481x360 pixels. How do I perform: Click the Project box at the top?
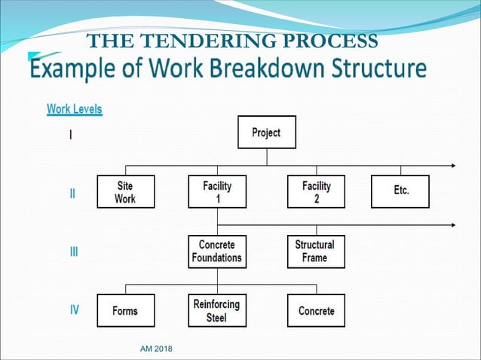pos(266,132)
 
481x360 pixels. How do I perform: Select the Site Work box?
pos(125,192)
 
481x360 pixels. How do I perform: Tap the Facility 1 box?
pos(217,192)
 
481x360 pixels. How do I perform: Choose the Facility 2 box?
pos(316,192)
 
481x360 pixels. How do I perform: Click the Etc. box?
pos(400,192)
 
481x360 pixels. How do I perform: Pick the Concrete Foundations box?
pos(217,252)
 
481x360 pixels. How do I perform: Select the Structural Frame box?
pos(316,252)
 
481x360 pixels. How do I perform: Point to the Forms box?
pos(125,310)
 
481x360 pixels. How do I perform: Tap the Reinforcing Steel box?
pos(217,310)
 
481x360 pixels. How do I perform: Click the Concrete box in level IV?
pos(316,310)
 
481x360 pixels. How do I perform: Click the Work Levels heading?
pos(75,108)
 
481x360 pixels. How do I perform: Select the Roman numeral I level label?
pos(71,136)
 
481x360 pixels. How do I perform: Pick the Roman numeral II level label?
pos(72,194)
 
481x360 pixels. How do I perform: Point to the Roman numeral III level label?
pos(73,252)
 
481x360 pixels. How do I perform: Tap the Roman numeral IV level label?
pos(74,309)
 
